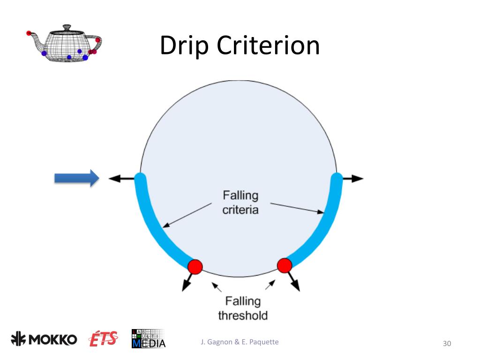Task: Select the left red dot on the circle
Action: [x=195, y=267]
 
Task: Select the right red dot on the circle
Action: [x=285, y=265]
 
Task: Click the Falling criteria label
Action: [x=240, y=202]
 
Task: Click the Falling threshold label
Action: [x=243, y=308]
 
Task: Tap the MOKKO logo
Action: [x=45, y=339]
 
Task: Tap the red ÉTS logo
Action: [x=104, y=339]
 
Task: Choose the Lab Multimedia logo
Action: [x=149, y=338]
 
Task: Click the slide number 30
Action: [x=447, y=344]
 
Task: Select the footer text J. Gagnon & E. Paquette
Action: [x=239, y=342]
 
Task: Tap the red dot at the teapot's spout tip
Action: [x=29, y=33]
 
